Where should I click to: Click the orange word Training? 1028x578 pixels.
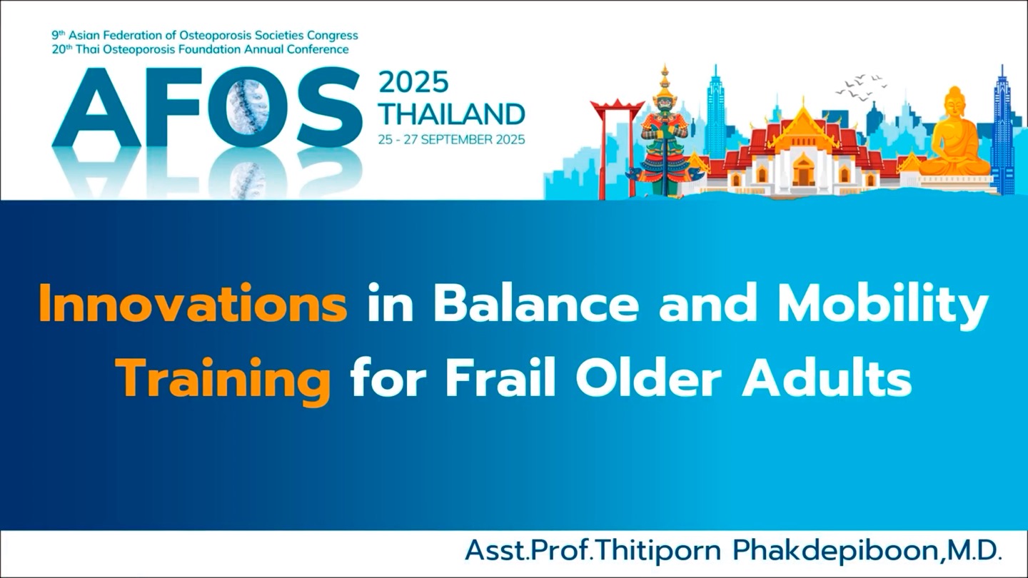pyautogui.click(x=224, y=385)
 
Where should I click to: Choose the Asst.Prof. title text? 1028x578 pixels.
pyautogui.click(x=530, y=550)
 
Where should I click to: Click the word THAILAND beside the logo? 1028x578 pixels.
pyautogui.click(x=452, y=114)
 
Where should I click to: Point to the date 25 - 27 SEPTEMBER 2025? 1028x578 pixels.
pyautogui.click(x=452, y=140)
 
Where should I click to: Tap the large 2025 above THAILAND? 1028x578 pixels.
pyautogui.click(x=413, y=83)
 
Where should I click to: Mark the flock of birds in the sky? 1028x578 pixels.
pyautogui.click(x=860, y=86)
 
